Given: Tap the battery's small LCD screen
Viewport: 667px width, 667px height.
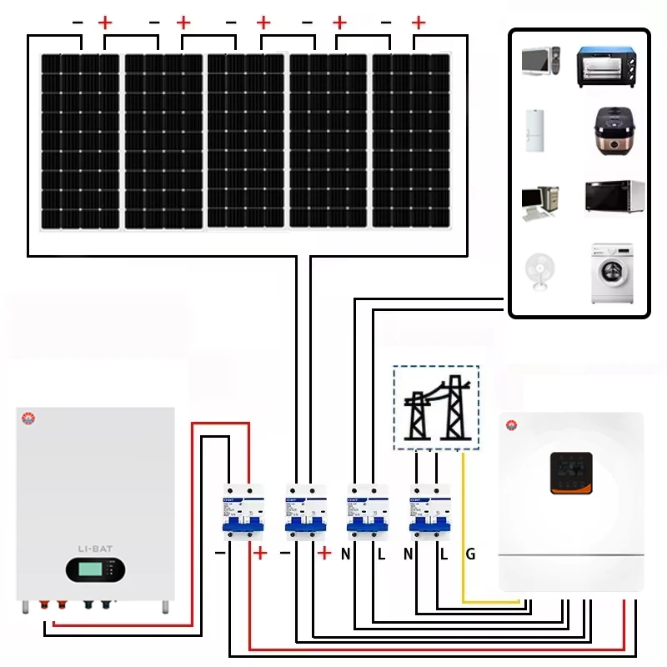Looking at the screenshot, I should pos(88,571).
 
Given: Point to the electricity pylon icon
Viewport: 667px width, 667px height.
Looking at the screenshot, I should pos(436,408).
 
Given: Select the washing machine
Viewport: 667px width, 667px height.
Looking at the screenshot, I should pos(612,273).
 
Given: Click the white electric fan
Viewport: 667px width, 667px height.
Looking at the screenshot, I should pos(535,272).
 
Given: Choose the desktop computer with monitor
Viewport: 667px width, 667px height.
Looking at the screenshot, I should pos(535,201).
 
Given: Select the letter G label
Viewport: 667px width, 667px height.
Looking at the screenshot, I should pos(471,554).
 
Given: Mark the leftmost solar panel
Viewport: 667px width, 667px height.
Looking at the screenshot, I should pos(81,141).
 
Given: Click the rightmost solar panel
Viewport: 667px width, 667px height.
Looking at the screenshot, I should pos(411,141).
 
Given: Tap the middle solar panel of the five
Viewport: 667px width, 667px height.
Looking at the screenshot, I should pos(246,141).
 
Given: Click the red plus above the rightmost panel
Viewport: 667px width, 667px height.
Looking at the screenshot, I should pos(419,23).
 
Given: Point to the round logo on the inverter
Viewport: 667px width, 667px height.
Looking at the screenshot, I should pos(510,426).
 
